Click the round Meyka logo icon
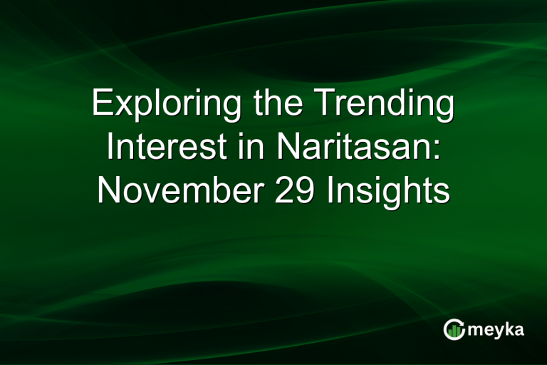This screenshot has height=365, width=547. [454, 329]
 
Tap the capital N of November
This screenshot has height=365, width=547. [108, 190]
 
